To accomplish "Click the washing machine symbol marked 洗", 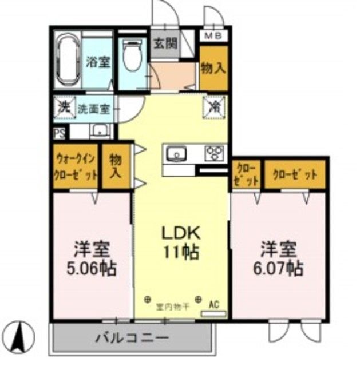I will [x=64, y=106].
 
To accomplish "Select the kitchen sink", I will [x=177, y=153].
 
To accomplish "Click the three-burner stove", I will [x=215, y=153].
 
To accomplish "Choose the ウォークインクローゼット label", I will [x=76, y=168].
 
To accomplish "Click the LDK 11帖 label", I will [x=179, y=244].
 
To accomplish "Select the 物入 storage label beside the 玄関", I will [x=213, y=68].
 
